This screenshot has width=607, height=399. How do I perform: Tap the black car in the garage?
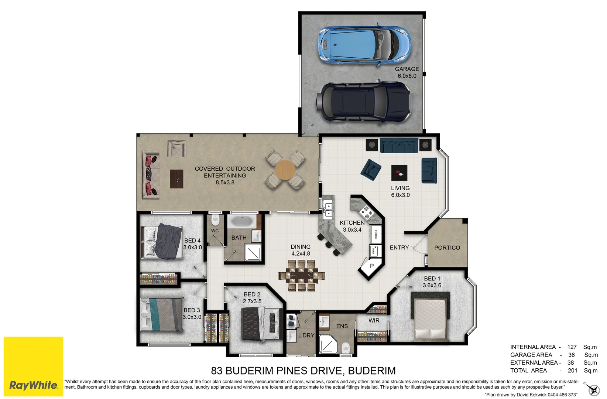(x=363, y=102)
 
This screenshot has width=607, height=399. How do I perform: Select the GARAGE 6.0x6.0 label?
(x=407, y=72)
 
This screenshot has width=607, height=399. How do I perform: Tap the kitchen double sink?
(x=328, y=209)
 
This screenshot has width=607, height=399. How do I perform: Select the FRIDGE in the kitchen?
(x=375, y=234)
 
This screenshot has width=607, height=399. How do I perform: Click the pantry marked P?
(x=371, y=266)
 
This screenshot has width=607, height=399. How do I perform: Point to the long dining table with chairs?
(x=302, y=275)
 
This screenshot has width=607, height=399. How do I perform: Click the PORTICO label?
(x=447, y=248)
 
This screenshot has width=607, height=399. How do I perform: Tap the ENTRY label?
(x=399, y=248)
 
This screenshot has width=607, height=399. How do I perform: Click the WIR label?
(x=374, y=321)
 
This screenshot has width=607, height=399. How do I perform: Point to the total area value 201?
(x=572, y=371)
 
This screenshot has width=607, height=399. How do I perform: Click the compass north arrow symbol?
(x=593, y=390)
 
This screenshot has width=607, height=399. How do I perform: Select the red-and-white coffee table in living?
(x=399, y=173)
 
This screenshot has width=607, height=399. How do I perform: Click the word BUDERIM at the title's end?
(x=372, y=371)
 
